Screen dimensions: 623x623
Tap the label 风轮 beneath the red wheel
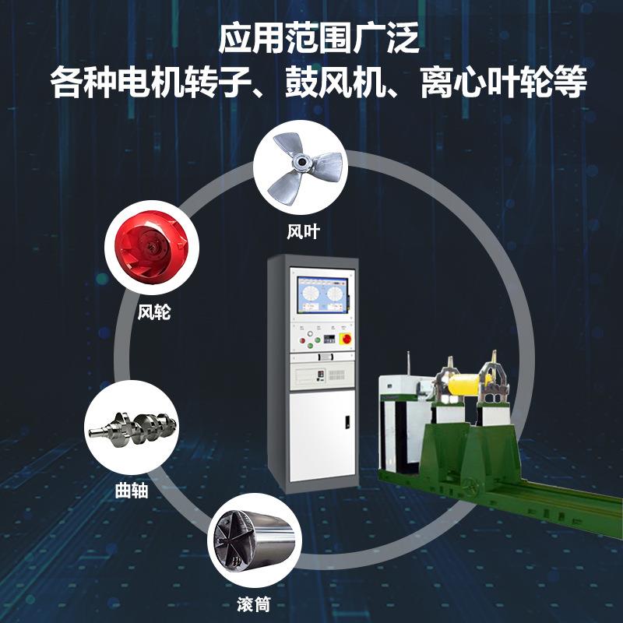[x=153, y=314]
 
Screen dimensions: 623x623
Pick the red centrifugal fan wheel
[x=151, y=251]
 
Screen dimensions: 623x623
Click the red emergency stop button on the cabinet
[x=345, y=340]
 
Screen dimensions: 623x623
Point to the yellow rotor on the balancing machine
[x=472, y=384]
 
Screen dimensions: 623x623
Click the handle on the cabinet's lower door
[x=347, y=424]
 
